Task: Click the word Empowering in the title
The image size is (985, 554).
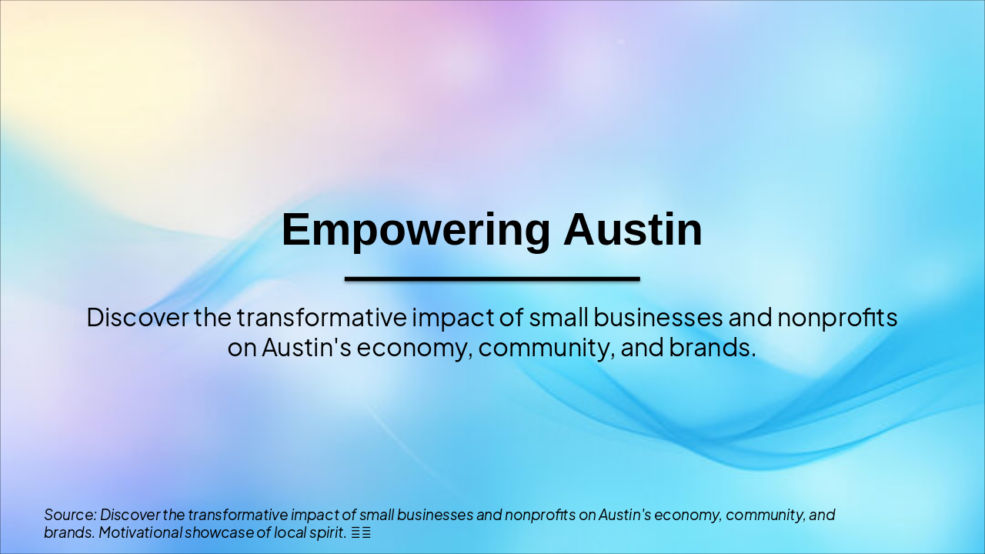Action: coord(416,230)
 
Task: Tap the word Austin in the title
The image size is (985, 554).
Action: coord(633,230)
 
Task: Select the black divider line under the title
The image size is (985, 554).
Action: coord(492,279)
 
